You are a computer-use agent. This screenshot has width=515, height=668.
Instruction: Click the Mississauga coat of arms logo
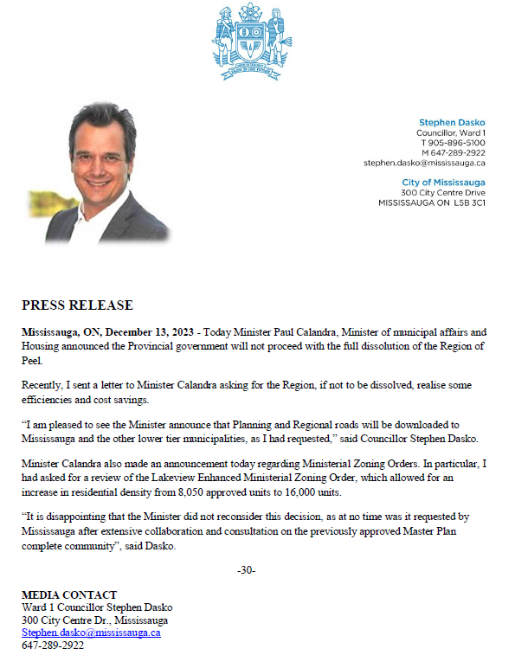click(252, 42)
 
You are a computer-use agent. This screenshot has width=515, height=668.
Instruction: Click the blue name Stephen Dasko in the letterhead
click(452, 122)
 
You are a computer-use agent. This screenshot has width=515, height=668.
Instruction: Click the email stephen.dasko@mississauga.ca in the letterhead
click(424, 163)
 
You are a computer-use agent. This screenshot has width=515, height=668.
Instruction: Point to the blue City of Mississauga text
click(443, 182)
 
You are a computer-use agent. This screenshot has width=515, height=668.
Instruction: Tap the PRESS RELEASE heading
click(77, 305)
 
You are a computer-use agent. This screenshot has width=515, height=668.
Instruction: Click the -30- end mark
click(246, 570)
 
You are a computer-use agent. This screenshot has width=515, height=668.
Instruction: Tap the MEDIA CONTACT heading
click(68, 594)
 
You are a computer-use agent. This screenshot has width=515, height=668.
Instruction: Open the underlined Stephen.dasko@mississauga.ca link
click(91, 633)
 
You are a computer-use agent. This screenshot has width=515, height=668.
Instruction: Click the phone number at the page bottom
click(53, 646)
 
